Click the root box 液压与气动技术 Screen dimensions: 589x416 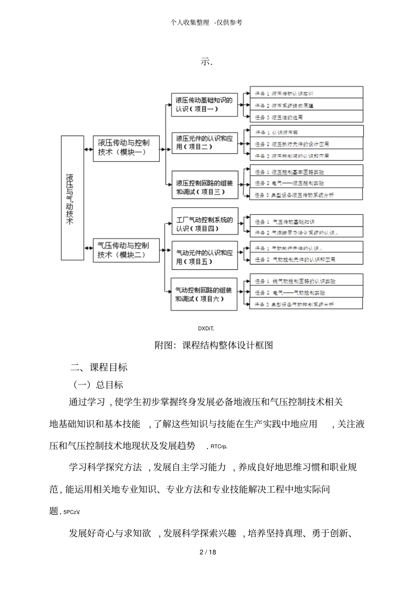pyautogui.click(x=72, y=198)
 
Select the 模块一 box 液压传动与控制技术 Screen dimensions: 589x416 pyautogui.click(x=126, y=148)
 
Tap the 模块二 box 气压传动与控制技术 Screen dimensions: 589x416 pyautogui.click(x=126, y=250)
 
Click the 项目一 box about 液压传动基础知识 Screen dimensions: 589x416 pyautogui.click(x=204, y=104)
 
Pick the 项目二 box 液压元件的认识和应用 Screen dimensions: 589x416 pyautogui.click(x=204, y=142)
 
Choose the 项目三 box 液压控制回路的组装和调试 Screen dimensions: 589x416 pyautogui.click(x=204, y=187)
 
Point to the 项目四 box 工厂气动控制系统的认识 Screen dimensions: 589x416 pyautogui.click(x=204, y=224)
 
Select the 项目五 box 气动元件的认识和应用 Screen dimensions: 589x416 pyautogui.click(x=204, y=257)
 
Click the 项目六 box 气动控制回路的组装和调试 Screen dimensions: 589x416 pyautogui.click(x=204, y=294)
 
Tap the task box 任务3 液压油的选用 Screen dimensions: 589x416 pyautogui.click(x=306, y=117)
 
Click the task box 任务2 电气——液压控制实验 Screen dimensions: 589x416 pyautogui.click(x=306, y=183)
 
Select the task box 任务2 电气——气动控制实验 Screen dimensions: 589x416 pyautogui.click(x=306, y=292)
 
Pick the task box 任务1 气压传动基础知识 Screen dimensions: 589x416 pyautogui.click(x=306, y=222)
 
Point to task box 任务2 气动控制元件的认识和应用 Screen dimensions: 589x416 pyautogui.click(x=306, y=259)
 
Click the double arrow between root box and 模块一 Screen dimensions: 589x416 pyautogui.click(x=88, y=149)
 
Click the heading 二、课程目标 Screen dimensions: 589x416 pyautogui.click(x=99, y=367)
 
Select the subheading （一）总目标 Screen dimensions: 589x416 pyautogui.click(x=99, y=384)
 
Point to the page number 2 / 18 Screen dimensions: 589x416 pyautogui.click(x=208, y=552)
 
